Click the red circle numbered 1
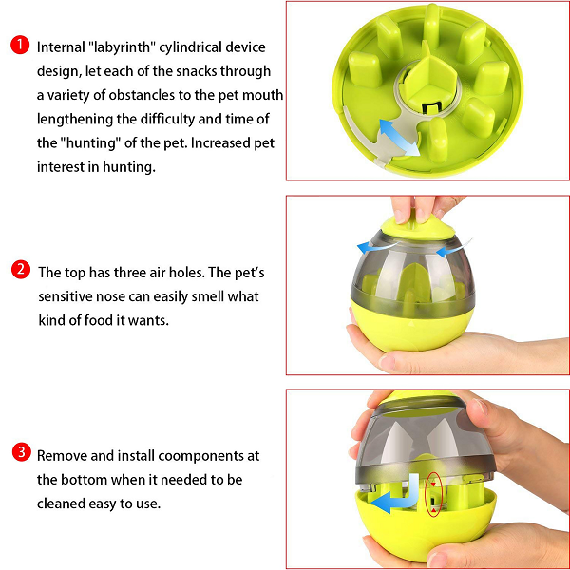pos(20,45)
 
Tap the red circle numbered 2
pos(21,270)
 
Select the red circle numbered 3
pos(22,452)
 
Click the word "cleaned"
pos(61,503)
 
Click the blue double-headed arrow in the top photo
pos(400,139)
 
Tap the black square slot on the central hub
pos(431,107)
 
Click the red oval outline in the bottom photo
pos(433,494)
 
